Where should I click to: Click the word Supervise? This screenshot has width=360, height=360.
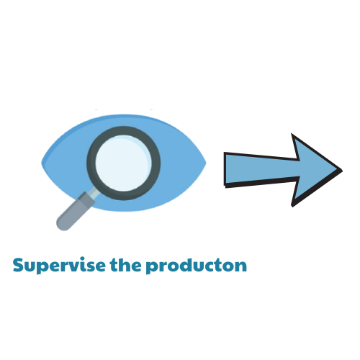59,266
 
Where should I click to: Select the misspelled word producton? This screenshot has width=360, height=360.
197,266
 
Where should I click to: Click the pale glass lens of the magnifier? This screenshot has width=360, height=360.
123,163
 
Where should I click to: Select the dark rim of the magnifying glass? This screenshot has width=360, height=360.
91,163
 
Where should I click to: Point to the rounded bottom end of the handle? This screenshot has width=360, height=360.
63,225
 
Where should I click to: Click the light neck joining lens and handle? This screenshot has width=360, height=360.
94,192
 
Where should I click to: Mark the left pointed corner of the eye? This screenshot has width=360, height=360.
42,163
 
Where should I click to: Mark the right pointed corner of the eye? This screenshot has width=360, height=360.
206,163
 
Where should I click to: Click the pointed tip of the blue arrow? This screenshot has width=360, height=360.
341,171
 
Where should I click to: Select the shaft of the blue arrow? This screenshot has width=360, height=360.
261,169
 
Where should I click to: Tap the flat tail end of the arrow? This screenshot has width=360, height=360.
225,169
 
